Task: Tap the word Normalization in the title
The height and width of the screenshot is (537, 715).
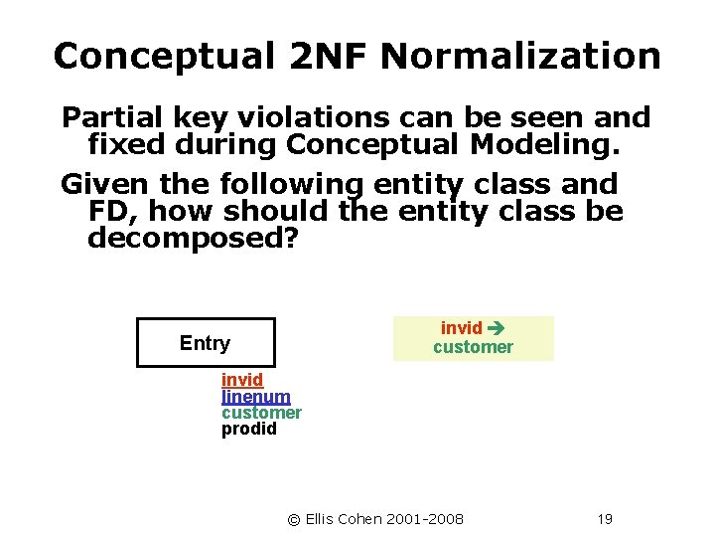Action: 519,56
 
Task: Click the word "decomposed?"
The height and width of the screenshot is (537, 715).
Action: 193,239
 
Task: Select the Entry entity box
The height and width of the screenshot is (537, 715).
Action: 205,343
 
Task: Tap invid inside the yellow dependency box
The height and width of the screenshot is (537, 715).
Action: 461,328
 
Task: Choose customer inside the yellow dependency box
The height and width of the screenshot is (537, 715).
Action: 473,347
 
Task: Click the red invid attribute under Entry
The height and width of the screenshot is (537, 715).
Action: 241,380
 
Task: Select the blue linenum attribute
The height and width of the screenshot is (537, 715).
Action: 255,397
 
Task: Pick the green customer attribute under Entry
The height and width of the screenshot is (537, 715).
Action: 261,413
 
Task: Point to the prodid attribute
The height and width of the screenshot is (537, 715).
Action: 248,430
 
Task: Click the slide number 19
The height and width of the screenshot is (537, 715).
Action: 605,519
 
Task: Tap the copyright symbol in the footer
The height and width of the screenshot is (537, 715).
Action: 293,519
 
